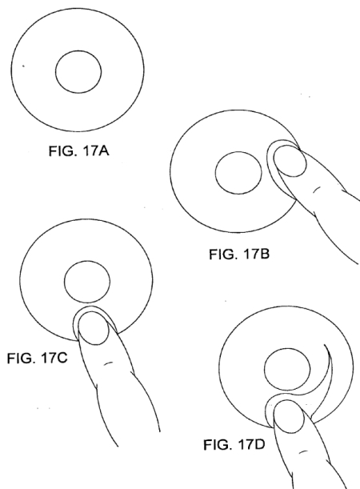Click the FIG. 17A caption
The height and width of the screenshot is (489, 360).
tap(79, 151)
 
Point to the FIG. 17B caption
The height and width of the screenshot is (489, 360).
tap(239, 255)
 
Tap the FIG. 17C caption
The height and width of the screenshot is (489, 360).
tap(37, 358)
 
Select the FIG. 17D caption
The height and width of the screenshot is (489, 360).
tap(234, 444)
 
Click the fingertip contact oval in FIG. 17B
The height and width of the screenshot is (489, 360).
tap(290, 161)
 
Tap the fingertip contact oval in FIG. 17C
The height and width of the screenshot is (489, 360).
tap(93, 329)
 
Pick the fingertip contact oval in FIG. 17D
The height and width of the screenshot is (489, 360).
tap(289, 417)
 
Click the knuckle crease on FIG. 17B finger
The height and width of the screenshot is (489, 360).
tap(316, 190)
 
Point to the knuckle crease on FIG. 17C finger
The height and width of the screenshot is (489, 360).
tap(108, 363)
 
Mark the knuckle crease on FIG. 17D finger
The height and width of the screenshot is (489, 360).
tap(303, 451)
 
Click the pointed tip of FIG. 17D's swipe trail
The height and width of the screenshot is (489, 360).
tap(325, 345)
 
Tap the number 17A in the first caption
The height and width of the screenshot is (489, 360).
tap(96, 151)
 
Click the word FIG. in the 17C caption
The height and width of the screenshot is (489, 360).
tap(20, 358)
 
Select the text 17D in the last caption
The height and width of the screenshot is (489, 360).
tap(251, 444)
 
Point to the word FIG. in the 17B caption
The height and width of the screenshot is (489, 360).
tap(222, 255)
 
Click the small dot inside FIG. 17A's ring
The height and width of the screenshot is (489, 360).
tap(23, 66)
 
